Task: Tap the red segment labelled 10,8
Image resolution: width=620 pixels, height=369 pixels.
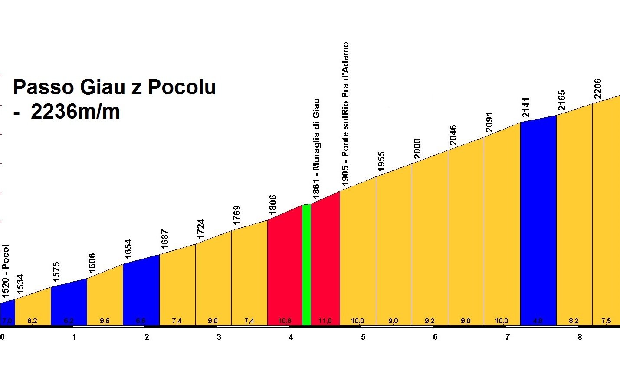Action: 284,269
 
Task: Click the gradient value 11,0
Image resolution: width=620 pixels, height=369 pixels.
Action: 325,321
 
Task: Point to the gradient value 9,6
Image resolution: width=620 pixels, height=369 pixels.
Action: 105,321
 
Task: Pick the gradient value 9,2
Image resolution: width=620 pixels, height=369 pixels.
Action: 430,321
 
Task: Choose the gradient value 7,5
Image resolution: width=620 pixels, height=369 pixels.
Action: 606,321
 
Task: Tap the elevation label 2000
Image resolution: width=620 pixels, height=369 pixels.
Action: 417,149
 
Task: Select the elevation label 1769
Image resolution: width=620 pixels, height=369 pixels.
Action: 237,216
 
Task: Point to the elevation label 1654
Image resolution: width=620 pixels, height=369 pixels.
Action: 128,249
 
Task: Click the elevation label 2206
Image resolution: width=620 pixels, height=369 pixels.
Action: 598,89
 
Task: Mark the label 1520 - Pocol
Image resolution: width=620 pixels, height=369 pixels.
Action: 5,272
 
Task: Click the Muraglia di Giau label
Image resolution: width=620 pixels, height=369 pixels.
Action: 316,148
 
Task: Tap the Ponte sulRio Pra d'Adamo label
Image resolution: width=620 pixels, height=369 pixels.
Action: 345,114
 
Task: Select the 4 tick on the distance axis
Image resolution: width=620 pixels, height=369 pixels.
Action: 291,337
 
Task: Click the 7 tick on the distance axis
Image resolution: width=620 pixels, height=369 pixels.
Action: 508,337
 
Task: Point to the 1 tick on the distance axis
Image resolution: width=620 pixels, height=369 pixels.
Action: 75,337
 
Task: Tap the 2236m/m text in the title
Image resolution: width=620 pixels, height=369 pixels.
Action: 75,112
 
